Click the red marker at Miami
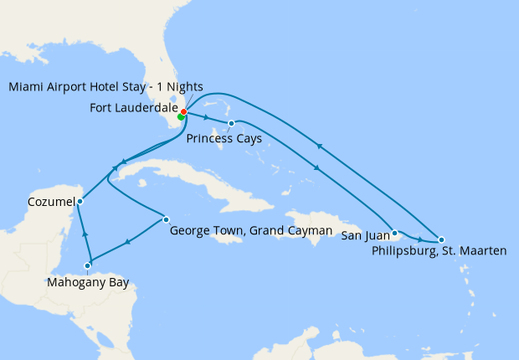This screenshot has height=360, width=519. click(183, 111)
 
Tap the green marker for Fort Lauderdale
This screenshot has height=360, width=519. click(181, 117)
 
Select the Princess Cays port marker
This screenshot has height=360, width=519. click(231, 124)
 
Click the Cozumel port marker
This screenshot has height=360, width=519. click(80, 201)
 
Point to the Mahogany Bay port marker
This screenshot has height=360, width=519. click(88, 266)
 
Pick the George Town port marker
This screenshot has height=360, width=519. click(167, 219)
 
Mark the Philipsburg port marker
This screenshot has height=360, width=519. click(441, 239)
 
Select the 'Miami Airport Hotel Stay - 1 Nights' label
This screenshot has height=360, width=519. click(105, 86)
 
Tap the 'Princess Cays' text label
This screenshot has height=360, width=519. click(224, 137)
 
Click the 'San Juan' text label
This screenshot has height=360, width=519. click(364, 236)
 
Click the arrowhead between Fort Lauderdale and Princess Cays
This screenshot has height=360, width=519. click(207, 118)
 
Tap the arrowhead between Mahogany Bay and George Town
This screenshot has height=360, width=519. click(127, 242)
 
